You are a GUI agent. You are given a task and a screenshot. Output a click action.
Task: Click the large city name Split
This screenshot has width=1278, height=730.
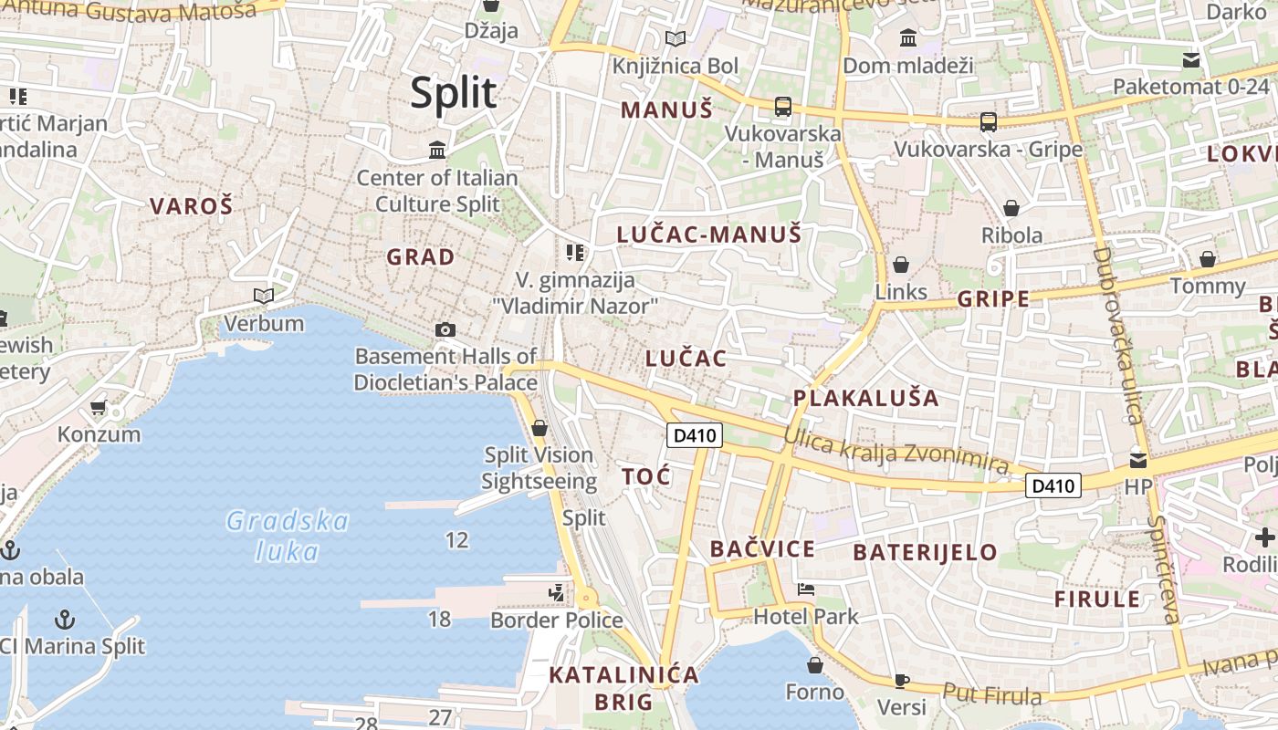[454, 93]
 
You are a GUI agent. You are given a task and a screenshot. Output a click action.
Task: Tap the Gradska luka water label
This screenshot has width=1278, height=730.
[288, 536]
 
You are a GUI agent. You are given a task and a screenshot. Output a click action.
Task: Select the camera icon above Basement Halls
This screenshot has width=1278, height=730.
[445, 329]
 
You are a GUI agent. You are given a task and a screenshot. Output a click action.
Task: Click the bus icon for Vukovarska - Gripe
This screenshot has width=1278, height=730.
[988, 121]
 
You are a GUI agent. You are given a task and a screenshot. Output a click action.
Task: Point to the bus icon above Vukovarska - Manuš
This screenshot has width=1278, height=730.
[782, 106]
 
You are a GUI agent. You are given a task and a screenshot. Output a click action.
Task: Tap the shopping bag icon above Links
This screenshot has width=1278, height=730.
[901, 265]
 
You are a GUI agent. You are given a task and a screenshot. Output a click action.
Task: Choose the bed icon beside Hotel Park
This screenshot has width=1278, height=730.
[805, 589]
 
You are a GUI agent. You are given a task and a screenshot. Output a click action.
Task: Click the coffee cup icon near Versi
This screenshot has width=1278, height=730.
[901, 680]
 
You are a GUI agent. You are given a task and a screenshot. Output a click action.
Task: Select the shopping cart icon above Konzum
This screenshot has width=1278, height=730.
[99, 407]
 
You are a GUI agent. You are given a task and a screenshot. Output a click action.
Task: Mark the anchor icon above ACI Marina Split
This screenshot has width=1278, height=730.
[64, 620]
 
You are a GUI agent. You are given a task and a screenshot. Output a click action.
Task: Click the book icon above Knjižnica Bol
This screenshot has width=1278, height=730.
[676, 38]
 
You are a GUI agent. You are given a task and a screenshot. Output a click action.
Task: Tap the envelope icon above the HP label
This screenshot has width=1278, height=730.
[1138, 460]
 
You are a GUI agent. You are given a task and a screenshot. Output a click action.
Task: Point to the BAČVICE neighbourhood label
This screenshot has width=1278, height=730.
[762, 549]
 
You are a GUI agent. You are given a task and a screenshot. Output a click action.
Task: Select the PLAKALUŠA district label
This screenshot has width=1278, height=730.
[865, 398]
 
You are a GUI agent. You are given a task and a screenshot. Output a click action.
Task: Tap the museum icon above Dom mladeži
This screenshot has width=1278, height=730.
[908, 38]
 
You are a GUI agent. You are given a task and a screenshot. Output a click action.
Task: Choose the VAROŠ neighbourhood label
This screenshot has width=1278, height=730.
[192, 206]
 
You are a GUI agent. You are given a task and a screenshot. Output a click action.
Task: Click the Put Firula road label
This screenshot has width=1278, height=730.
[992, 695]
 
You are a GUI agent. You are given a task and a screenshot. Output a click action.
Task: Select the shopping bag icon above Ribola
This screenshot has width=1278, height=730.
[1011, 208]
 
